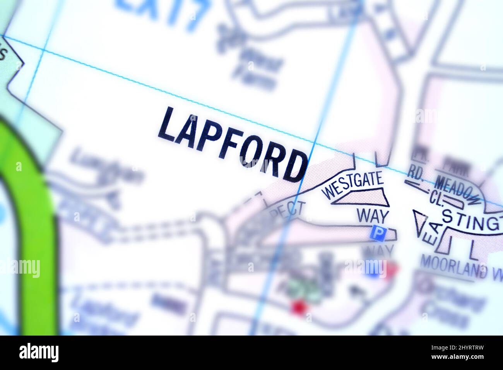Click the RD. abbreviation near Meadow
pos(416,175)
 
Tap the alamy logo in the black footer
pos(39,353)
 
